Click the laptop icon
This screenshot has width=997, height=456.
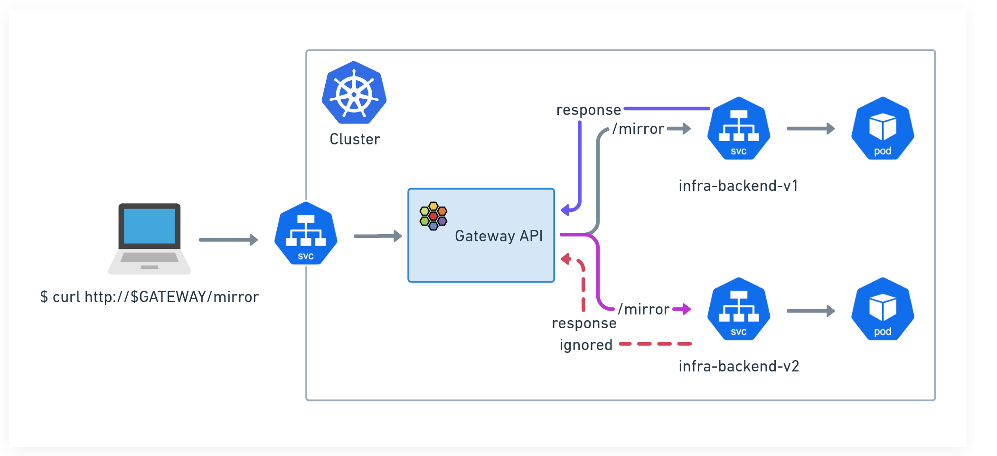click(x=150, y=239)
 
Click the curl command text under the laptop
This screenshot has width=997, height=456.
click(x=150, y=297)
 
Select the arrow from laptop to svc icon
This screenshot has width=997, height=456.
click(x=228, y=240)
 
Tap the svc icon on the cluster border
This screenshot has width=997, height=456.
click(x=306, y=233)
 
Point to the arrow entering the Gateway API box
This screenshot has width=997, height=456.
click(x=378, y=236)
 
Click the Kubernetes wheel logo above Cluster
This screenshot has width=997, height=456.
click(x=354, y=93)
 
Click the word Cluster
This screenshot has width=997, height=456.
click(x=355, y=139)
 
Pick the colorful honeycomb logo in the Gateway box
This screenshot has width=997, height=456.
click(x=433, y=216)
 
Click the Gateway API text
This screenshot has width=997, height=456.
click(x=498, y=236)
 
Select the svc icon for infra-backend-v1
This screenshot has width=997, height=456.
click(x=739, y=128)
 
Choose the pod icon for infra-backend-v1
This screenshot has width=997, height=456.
click(x=883, y=128)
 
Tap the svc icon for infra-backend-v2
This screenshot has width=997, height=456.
click(x=739, y=309)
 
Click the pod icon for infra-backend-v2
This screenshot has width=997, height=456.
click(x=883, y=309)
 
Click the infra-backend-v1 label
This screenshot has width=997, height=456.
click(x=738, y=186)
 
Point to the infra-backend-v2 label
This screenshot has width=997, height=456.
click(x=739, y=366)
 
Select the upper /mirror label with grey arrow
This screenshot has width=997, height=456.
click(x=638, y=129)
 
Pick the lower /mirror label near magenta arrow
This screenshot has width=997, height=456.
click(x=643, y=309)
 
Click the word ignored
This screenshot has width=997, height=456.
click(x=586, y=345)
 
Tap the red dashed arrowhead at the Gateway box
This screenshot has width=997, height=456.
click(x=565, y=259)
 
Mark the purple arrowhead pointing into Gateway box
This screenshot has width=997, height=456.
click(x=565, y=209)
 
